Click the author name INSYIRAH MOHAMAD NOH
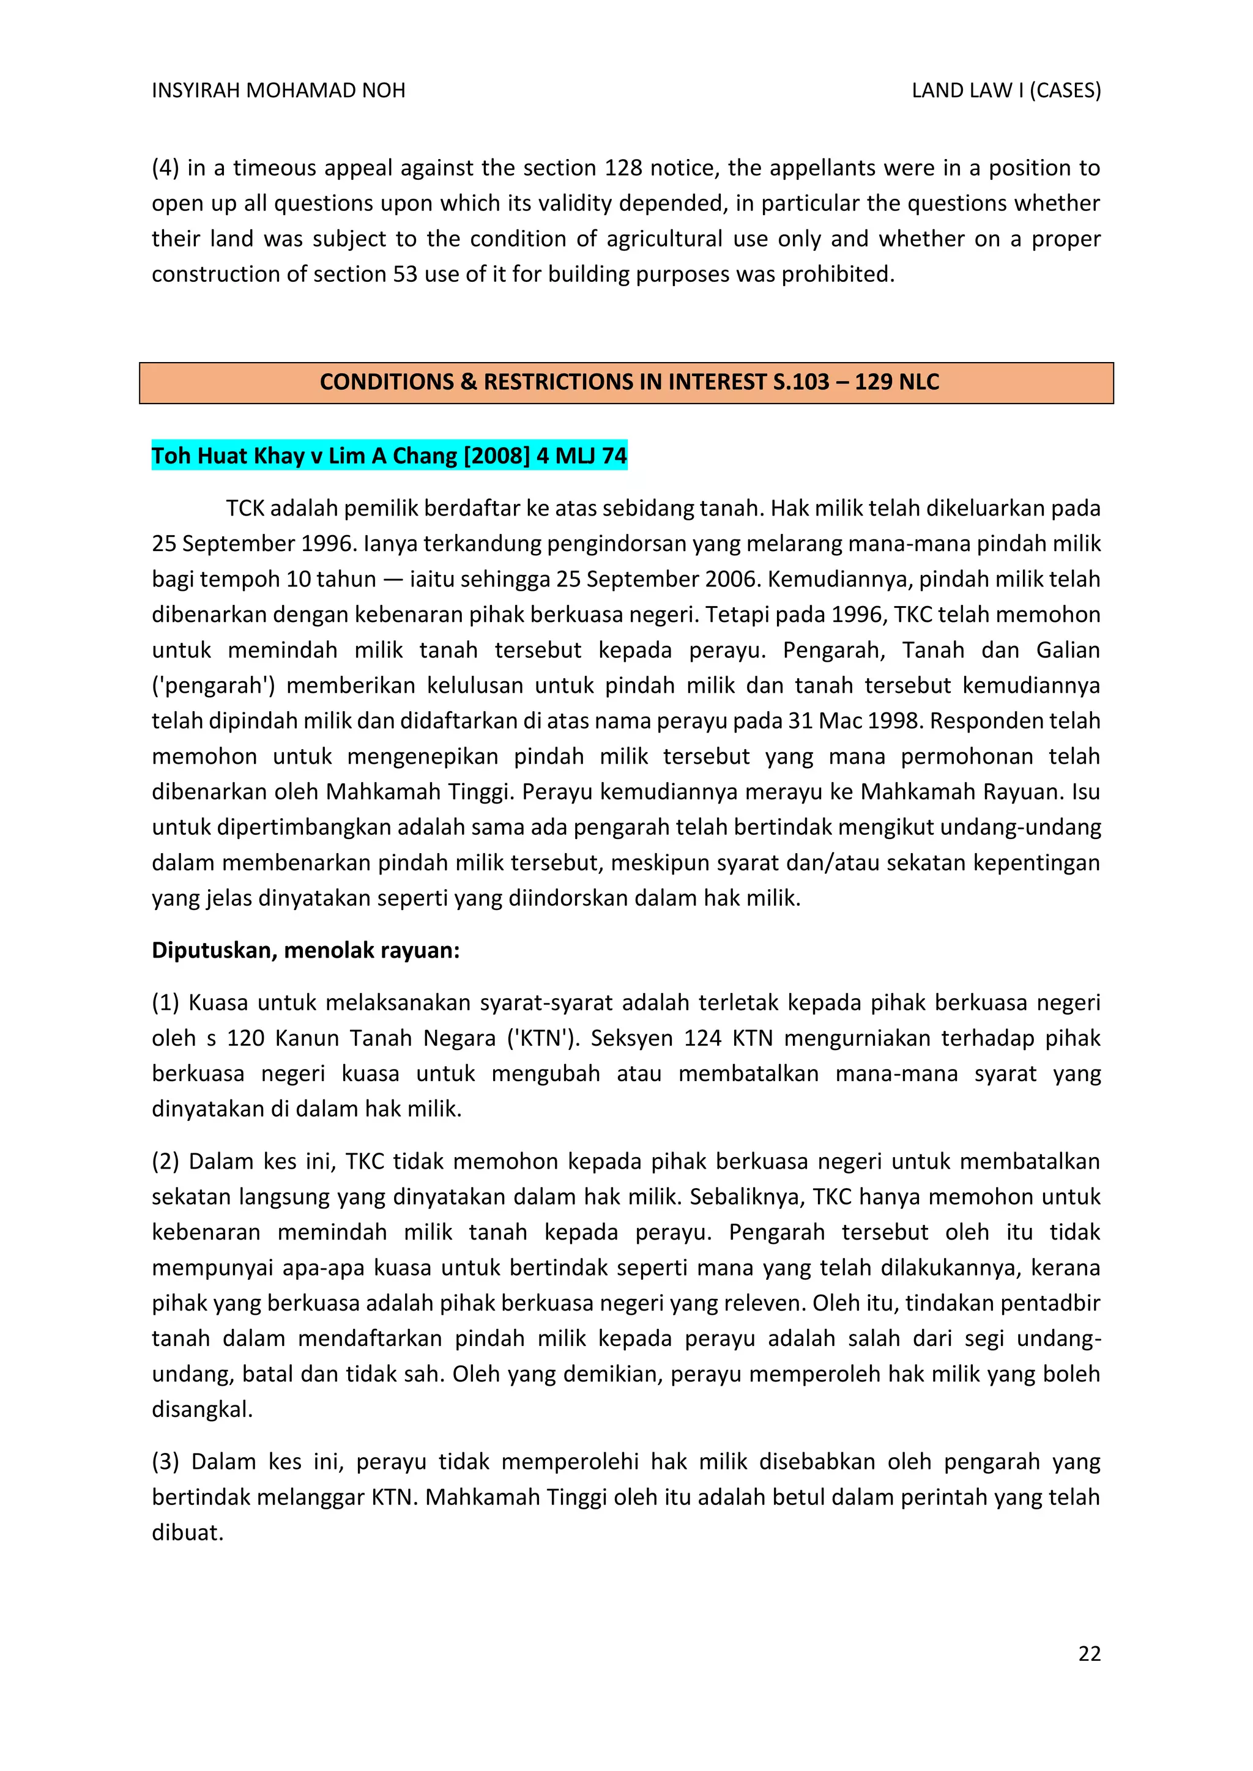coord(278,91)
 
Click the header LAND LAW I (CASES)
coord(1005,91)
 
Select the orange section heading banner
coord(626,383)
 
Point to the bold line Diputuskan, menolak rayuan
coord(305,950)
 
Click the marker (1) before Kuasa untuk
coord(165,1003)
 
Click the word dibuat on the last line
coord(187,1533)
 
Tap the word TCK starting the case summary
coord(245,508)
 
